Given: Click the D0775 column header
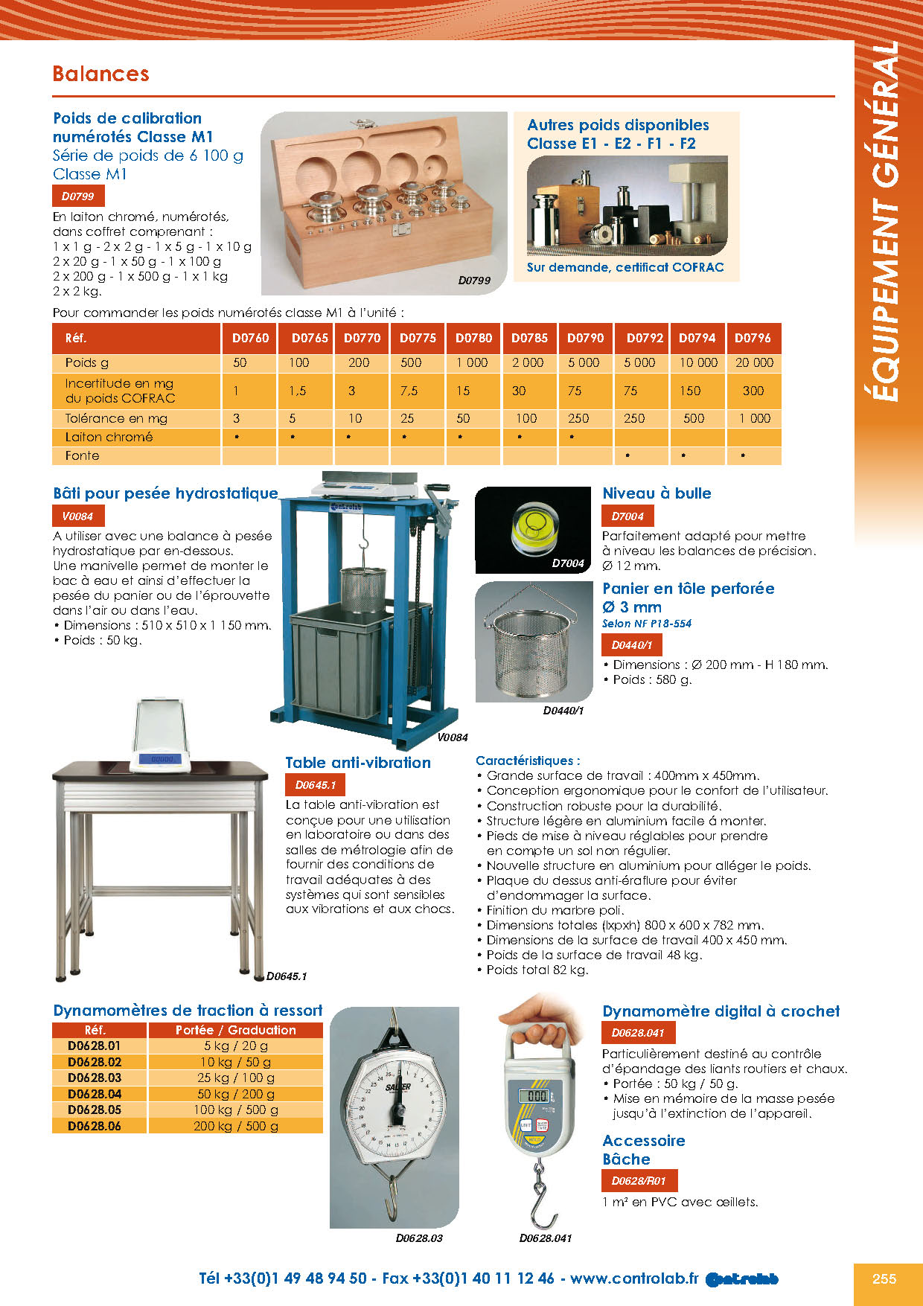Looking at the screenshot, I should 418,338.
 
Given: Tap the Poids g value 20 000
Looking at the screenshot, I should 754,362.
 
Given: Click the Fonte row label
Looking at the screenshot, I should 82,455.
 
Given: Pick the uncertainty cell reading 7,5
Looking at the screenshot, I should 409,391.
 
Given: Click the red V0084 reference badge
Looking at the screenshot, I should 77,516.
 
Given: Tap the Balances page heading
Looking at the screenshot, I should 100,74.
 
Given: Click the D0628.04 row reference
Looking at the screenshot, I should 95,1094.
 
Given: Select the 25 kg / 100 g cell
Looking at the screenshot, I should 236,1078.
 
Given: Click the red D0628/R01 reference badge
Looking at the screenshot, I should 639,1180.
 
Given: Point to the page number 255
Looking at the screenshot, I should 884,1278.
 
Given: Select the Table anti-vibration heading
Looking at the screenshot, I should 358,763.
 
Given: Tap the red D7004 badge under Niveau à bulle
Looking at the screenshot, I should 627,516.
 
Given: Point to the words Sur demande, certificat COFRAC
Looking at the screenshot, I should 625,267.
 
